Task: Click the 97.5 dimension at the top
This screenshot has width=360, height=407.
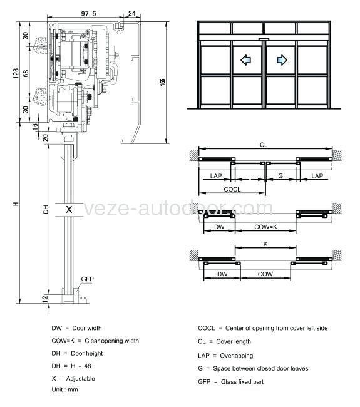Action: [88, 14]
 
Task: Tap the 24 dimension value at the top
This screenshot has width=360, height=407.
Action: [132, 13]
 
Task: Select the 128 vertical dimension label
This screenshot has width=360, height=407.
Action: [16, 73]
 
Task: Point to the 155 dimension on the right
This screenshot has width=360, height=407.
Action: [163, 82]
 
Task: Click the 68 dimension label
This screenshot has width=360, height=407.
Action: [26, 73]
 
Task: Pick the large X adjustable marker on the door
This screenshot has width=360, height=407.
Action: [69, 209]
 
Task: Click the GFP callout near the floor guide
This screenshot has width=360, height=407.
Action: [87, 279]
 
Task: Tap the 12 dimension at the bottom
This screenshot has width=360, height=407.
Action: [45, 298]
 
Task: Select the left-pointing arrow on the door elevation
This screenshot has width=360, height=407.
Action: [245, 60]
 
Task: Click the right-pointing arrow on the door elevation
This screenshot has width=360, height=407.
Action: [282, 60]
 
